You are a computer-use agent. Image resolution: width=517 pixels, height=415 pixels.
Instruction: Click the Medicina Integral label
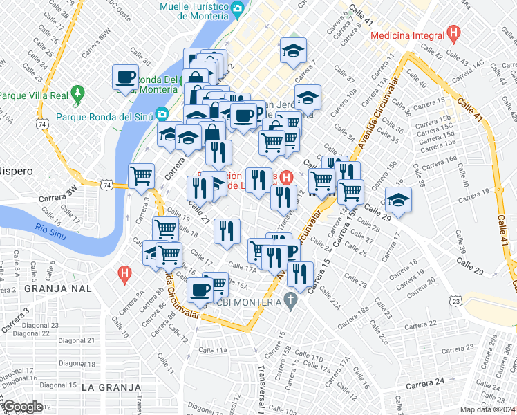click(406, 35)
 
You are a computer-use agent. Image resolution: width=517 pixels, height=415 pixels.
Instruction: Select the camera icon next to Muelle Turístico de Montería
click(238, 8)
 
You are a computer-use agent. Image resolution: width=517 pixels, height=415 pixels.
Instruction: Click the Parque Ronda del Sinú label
click(104, 116)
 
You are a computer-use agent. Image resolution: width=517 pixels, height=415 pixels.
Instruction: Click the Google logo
click(22, 406)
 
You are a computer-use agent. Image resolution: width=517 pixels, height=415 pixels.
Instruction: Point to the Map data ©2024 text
click(486, 409)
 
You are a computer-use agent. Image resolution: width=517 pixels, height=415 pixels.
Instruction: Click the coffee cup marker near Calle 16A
click(200, 290)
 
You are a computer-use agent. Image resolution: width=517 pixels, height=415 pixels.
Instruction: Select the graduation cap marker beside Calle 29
click(397, 201)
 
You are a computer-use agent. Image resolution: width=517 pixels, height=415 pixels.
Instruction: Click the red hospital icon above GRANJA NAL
click(124, 274)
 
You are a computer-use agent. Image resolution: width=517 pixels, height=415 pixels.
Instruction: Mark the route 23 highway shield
click(454, 300)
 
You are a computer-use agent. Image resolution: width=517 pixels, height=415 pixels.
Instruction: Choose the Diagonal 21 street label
click(77, 340)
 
